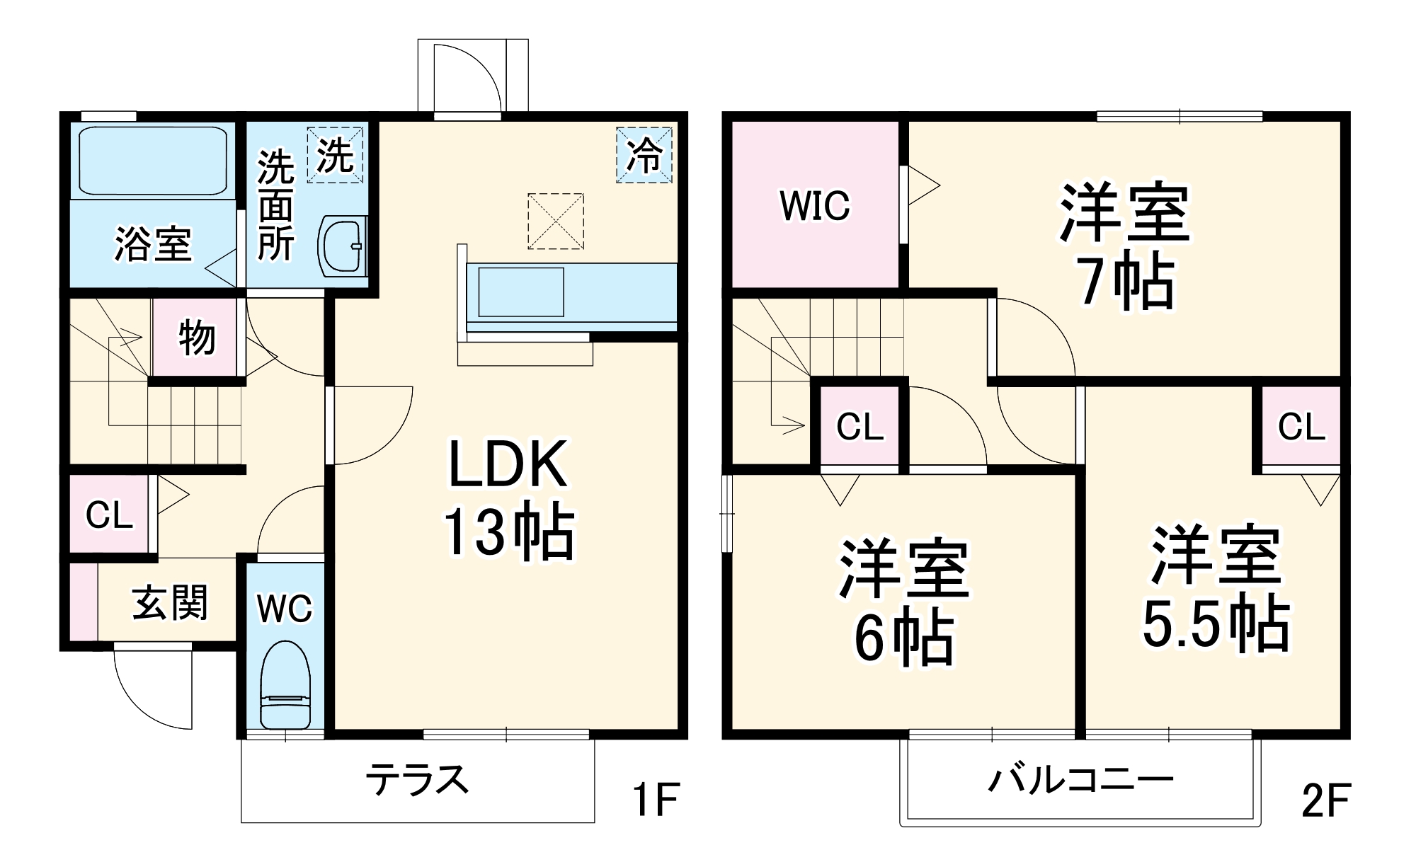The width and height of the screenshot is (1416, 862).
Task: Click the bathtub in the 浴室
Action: (152, 161)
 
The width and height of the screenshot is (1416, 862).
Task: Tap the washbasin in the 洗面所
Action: (343, 246)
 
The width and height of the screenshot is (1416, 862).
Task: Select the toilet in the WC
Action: (285, 685)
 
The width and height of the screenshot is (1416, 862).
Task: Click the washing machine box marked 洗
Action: (335, 155)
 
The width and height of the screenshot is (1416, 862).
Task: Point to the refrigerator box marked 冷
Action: (644, 155)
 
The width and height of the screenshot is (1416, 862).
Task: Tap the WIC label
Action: (814, 206)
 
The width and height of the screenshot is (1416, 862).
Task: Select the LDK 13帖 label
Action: (508, 499)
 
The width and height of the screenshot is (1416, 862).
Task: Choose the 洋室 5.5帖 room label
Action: (1216, 587)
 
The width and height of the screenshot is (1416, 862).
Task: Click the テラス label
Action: (417, 780)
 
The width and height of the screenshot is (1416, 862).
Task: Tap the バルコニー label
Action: (1080, 780)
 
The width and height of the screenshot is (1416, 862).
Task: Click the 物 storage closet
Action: (196, 338)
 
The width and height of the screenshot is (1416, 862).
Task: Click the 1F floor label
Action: (655, 800)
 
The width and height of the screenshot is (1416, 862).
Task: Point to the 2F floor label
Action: (1326, 800)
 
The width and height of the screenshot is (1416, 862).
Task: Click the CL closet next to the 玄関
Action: (110, 515)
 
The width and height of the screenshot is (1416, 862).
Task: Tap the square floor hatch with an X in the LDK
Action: (556, 222)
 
